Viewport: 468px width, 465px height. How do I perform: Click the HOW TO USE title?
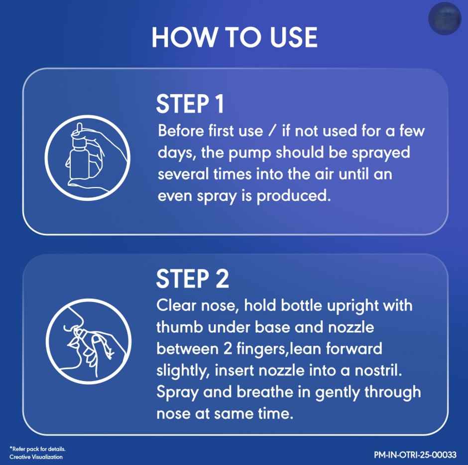pyautogui.click(x=234, y=37)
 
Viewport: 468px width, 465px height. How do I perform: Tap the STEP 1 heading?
pyautogui.click(x=190, y=104)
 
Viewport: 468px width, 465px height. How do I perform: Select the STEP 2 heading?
pyautogui.click(x=192, y=279)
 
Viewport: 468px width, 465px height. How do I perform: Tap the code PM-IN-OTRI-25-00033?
pyautogui.click(x=415, y=455)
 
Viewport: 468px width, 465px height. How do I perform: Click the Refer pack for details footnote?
pyautogui.click(x=37, y=449)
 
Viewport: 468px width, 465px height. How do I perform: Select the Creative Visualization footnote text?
pyautogui.click(x=36, y=457)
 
